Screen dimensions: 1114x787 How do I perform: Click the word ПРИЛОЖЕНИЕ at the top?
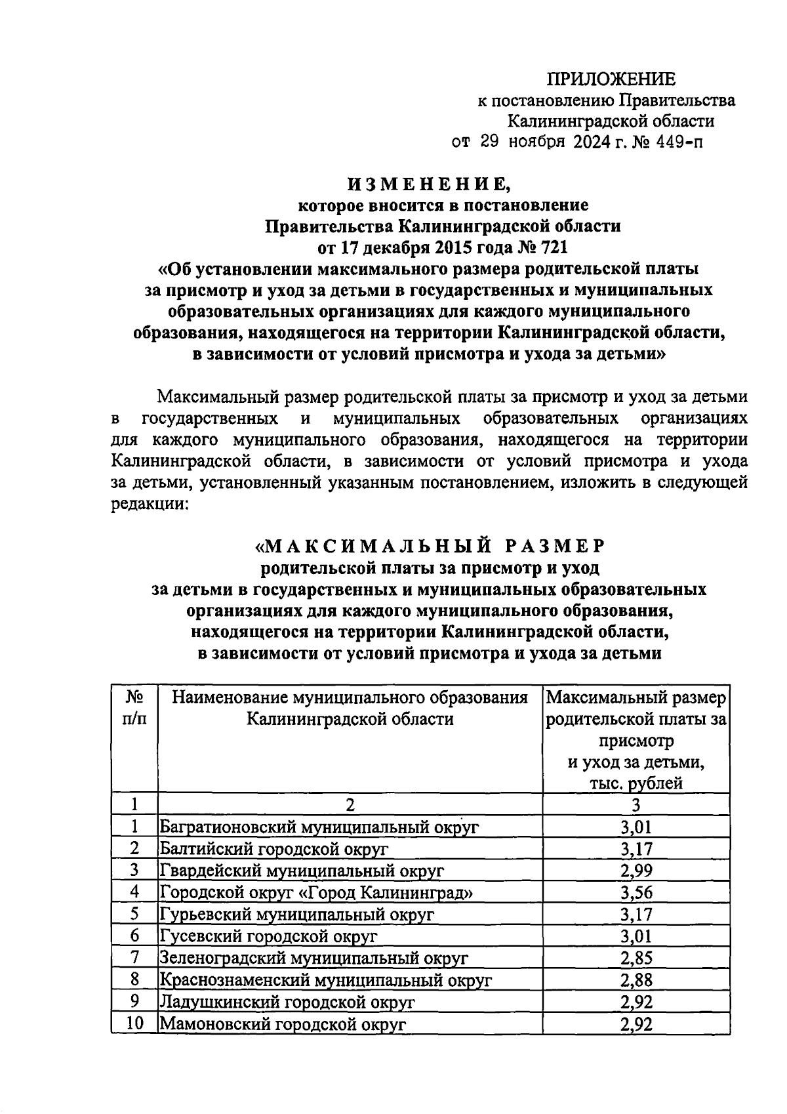611,79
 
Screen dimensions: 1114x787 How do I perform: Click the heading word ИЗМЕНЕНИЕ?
429,184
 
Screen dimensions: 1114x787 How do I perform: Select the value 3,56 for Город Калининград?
636,892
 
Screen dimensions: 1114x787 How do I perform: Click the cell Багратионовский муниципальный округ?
319,827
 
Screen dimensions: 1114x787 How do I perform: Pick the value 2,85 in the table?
636,958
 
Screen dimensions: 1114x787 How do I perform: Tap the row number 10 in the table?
134,1023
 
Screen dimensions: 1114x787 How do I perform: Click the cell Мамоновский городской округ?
283,1023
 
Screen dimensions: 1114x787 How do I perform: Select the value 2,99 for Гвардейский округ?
636,871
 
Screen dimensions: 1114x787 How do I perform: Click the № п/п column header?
134,707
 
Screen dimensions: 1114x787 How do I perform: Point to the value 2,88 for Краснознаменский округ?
636,980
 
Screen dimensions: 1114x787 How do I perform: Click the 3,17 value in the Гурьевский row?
636,915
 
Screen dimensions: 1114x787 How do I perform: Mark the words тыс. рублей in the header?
636,783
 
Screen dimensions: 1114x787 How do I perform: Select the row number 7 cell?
134,958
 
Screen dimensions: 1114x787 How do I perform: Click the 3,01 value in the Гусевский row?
636,936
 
